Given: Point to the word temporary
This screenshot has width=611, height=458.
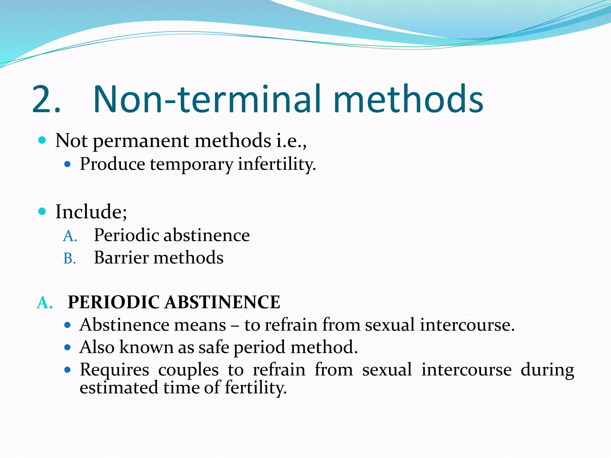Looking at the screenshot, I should point(191,164).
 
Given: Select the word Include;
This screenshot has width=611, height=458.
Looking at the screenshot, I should point(91,212).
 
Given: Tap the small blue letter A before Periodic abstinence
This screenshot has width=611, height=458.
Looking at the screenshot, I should point(70,236).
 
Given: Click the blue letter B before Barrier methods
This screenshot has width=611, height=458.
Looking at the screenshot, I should point(69,259).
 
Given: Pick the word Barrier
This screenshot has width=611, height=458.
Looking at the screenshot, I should point(121,258).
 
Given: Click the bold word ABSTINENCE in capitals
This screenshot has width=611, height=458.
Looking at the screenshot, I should point(223,302).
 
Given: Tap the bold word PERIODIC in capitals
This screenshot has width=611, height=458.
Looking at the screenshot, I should point(114,302).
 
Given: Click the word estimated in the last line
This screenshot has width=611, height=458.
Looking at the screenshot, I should point(119,388).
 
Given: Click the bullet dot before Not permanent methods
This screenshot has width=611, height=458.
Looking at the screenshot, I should point(42,140).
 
